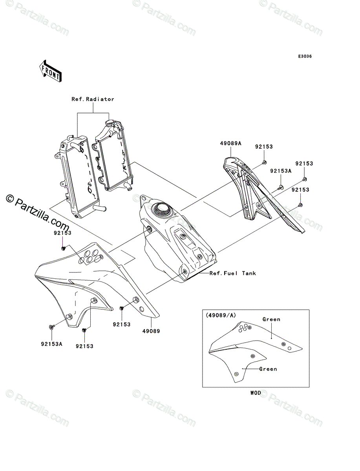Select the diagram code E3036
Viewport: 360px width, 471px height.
click(304, 57)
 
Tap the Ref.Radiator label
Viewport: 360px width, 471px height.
click(93, 99)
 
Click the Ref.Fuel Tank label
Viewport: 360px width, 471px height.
click(232, 273)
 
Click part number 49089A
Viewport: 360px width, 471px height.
click(231, 144)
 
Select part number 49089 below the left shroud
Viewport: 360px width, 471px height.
click(151, 331)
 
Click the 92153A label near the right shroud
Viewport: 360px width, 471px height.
click(281, 171)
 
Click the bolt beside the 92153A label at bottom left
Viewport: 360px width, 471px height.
click(51, 327)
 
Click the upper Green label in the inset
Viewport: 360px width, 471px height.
click(271, 319)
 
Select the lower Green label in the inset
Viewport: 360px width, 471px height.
click(268, 369)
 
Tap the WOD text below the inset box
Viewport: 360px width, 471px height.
click(255, 392)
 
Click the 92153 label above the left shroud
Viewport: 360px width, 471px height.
click(63, 233)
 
